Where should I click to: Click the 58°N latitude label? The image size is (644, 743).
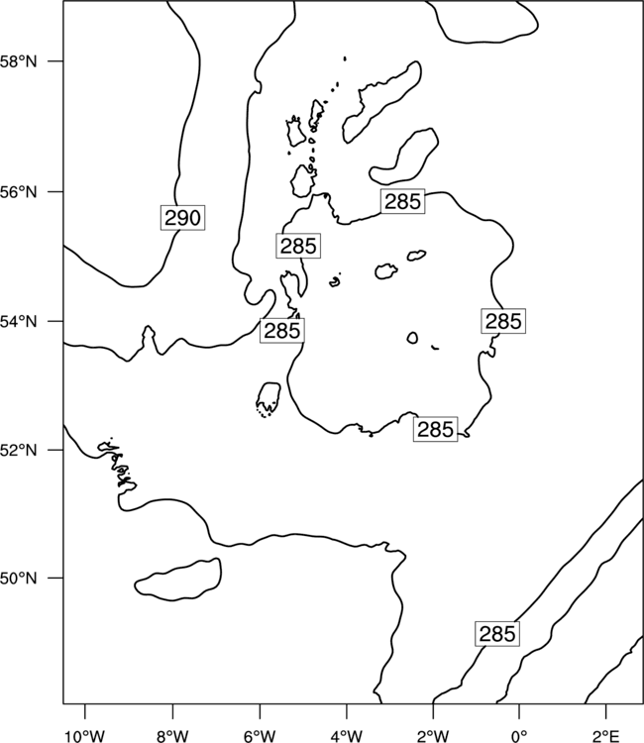coord(18,61)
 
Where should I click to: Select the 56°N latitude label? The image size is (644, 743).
coord(18,192)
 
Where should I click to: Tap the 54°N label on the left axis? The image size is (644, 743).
coord(18,322)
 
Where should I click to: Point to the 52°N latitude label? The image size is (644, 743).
coord(18,450)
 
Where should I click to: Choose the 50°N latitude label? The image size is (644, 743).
coord(18,579)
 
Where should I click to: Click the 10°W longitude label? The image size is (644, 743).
coord(85,736)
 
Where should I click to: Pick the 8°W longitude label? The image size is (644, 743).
coord(172,736)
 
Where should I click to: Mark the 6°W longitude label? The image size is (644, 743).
coord(260,736)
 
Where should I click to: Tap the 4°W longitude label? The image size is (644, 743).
coord(347,736)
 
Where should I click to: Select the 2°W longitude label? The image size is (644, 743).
coord(433,736)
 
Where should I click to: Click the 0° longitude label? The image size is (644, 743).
coord(519,736)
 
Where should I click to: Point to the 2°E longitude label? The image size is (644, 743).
coord(606,736)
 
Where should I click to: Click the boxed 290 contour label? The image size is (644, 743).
coord(182,218)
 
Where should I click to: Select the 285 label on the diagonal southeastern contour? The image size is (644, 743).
coord(497,634)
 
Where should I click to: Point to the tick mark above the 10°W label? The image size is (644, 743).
coord(85,712)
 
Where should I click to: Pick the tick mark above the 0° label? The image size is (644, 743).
coord(519,712)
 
